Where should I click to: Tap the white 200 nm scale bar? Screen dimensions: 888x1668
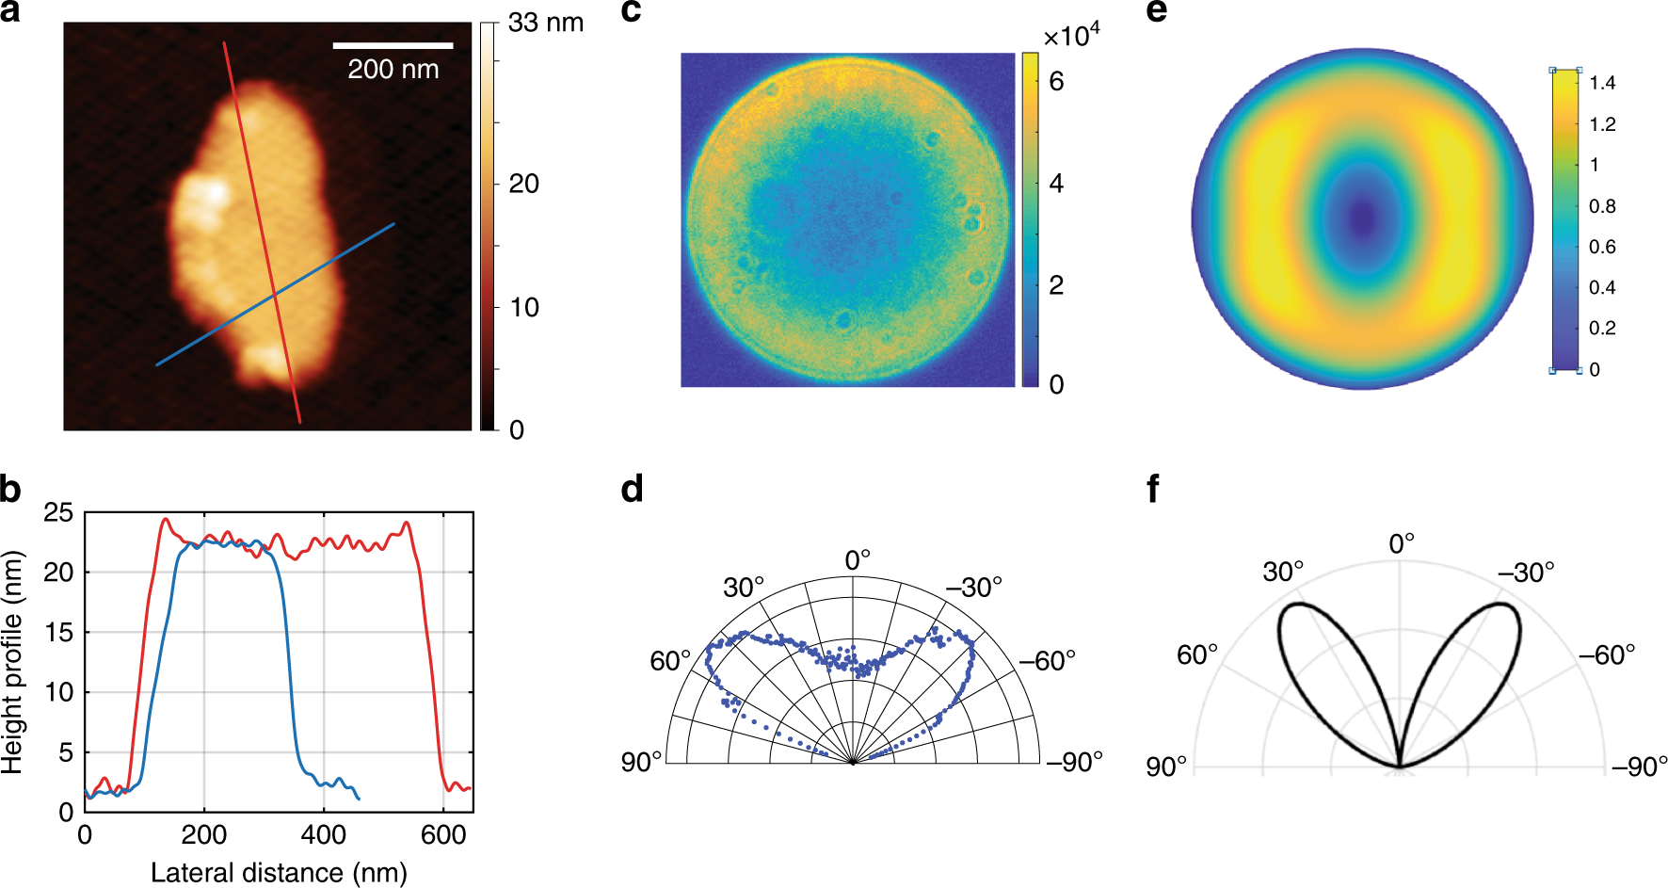[393, 44]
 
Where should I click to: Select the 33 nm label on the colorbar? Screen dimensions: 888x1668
[545, 23]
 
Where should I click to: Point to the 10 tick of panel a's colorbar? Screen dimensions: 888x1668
[523, 307]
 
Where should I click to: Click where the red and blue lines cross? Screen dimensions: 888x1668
[275, 296]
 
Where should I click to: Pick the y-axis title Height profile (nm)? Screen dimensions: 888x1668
[12, 662]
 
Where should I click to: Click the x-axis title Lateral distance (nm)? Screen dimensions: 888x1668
[279, 872]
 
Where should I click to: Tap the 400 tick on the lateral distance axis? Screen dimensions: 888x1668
[323, 834]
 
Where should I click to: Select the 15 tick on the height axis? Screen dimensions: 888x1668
[58, 633]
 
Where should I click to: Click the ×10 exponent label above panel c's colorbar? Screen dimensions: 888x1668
[1071, 36]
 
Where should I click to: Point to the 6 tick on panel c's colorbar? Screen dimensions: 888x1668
[1056, 82]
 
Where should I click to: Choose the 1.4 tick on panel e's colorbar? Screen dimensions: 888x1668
[1602, 83]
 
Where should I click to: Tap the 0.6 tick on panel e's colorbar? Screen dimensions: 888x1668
[1602, 247]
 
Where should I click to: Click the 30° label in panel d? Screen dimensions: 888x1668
[743, 588]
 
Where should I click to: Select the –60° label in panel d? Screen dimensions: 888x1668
[1049, 661]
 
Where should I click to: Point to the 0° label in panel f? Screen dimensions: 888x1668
[1402, 543]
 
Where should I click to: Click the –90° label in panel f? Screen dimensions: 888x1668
[1639, 767]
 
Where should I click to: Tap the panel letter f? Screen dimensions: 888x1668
[1153, 490]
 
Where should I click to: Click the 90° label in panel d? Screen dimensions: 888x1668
[641, 762]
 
